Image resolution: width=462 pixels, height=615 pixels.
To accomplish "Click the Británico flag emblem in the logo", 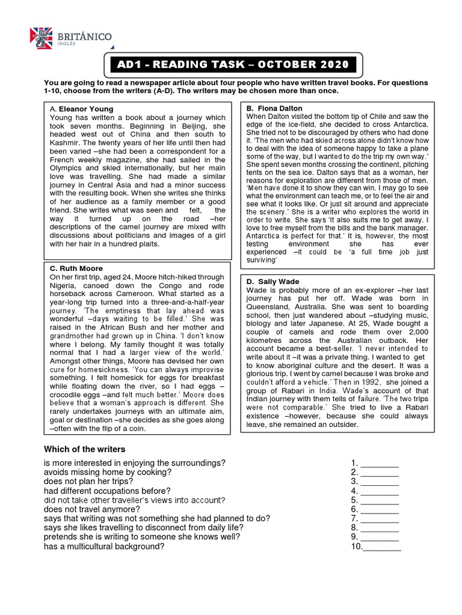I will click(x=40, y=38).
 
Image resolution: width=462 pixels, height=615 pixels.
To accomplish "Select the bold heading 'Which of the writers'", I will click(x=85, y=449).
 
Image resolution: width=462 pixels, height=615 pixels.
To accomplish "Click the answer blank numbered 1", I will click(x=379, y=464).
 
